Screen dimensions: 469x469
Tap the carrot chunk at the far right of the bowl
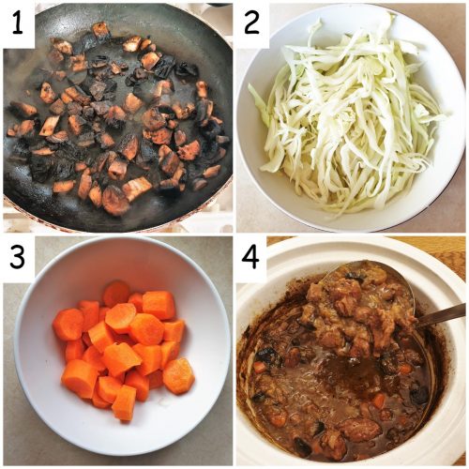click(x=178, y=375)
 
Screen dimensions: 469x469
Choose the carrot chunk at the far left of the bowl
click(x=68, y=324)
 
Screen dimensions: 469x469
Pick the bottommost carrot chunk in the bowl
click(x=124, y=403)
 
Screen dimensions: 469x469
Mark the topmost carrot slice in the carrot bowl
click(x=117, y=293)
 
